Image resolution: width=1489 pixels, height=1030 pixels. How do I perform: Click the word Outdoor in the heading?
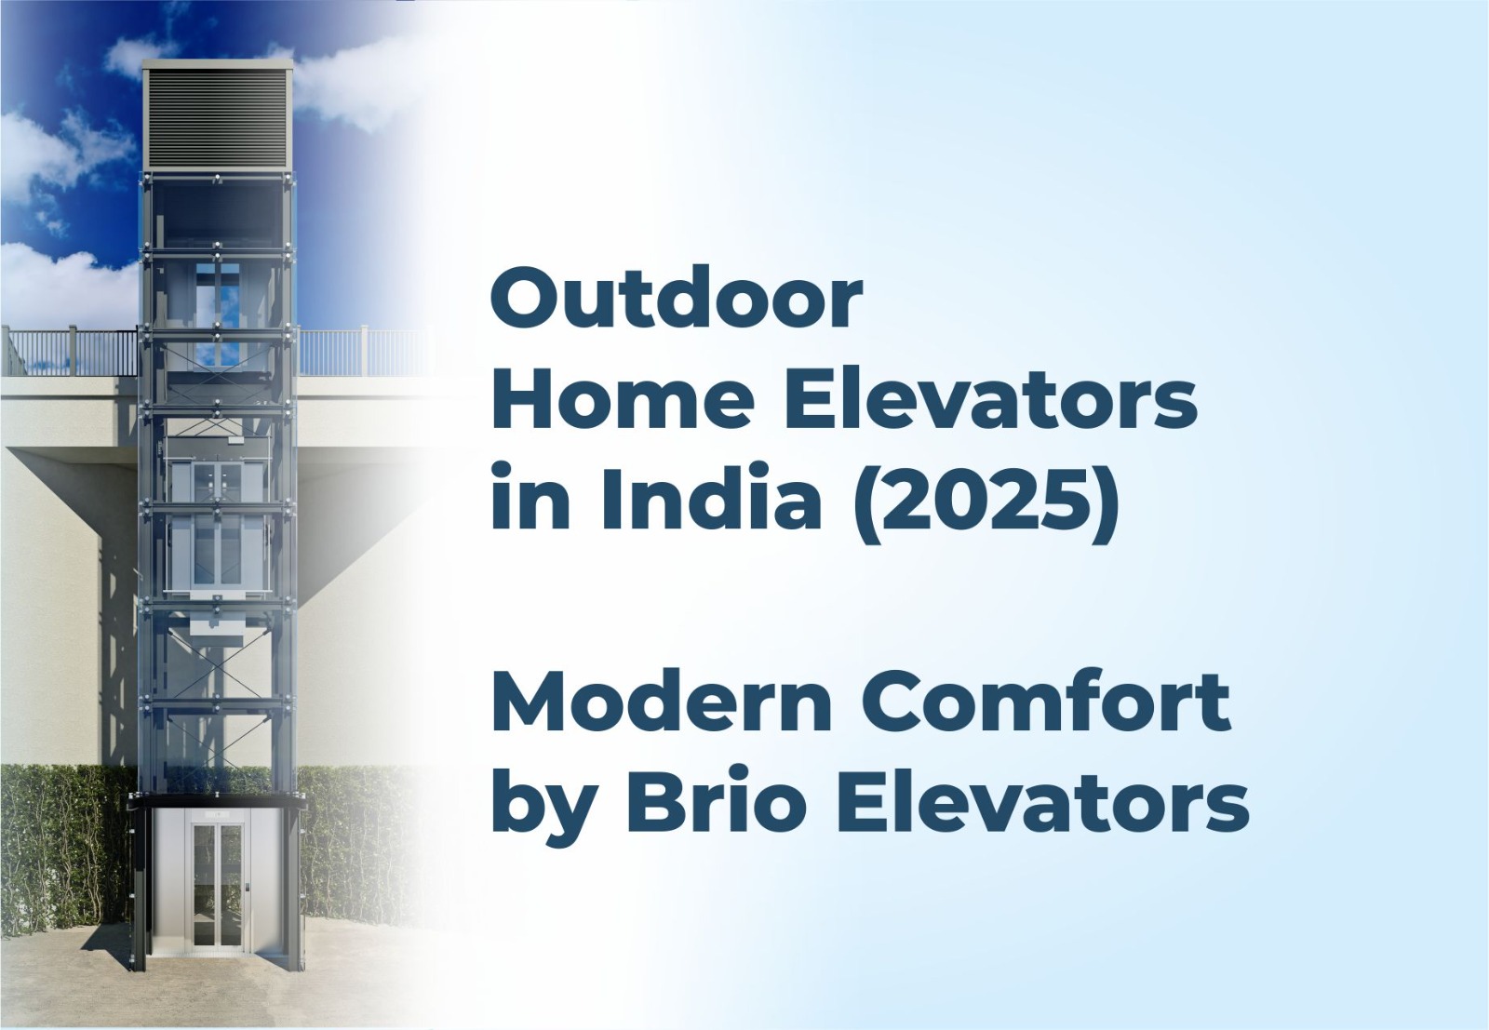coord(677,298)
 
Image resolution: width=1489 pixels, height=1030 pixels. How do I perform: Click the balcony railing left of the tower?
coord(71,351)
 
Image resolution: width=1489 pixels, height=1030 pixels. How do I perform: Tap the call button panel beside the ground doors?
coord(248,888)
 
